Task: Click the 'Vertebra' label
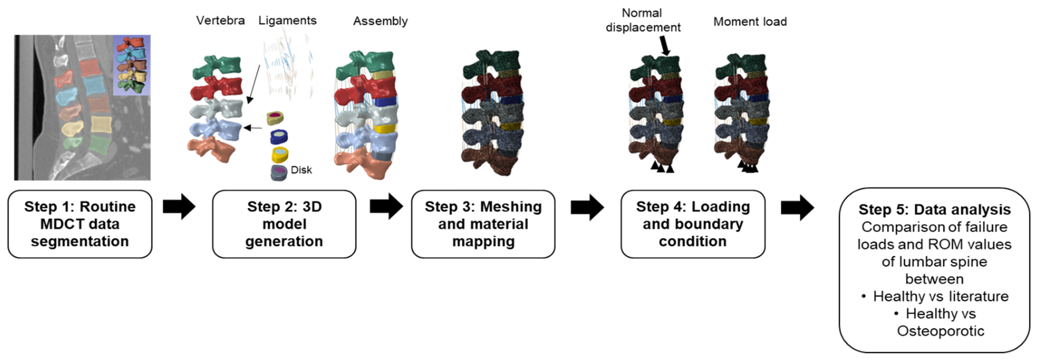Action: (x=220, y=21)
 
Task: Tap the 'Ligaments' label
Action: (x=287, y=21)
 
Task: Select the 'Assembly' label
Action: (x=380, y=21)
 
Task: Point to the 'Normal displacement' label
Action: (x=643, y=20)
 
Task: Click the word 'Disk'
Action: (x=301, y=170)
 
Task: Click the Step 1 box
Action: (x=80, y=224)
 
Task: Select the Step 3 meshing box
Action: (x=483, y=224)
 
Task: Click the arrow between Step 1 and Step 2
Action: (x=179, y=207)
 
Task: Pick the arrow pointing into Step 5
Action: (x=798, y=208)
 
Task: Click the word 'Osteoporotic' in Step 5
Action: (x=940, y=331)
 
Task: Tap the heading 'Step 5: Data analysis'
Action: (x=934, y=209)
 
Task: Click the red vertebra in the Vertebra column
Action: (x=217, y=88)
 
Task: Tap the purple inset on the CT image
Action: (x=132, y=65)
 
